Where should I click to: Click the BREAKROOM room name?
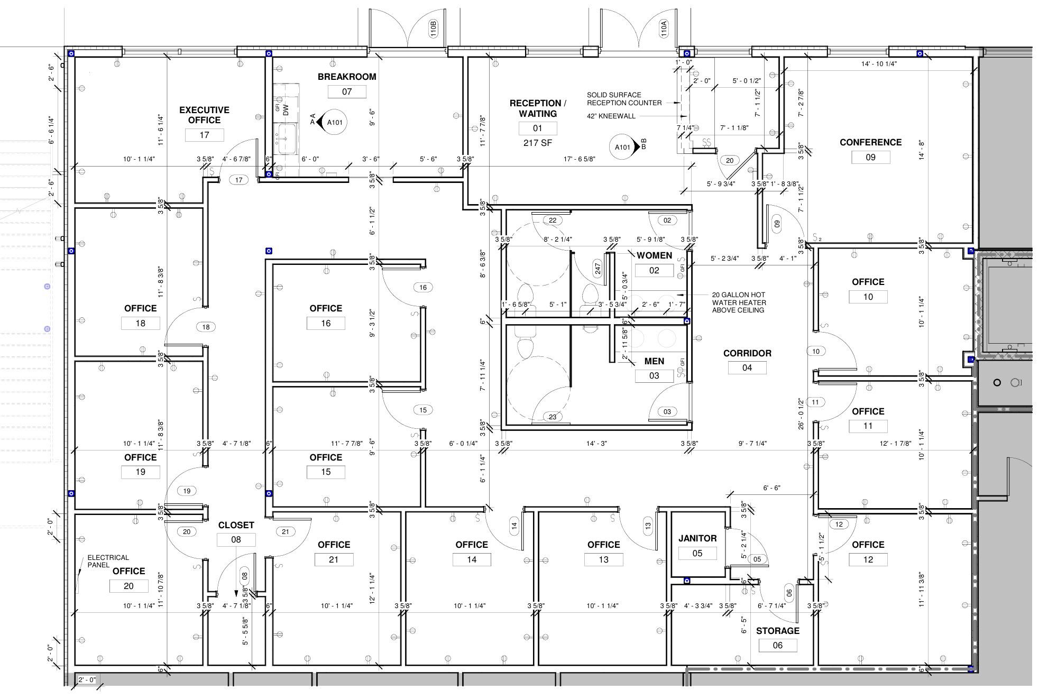(347, 77)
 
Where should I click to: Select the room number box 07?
(347, 91)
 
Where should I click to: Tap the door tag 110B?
(433, 28)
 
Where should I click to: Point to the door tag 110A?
(664, 28)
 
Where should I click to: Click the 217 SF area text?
(538, 143)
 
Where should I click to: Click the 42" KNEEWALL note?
(611, 116)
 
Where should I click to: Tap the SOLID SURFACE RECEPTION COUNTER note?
(624, 99)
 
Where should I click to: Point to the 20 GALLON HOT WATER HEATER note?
(739, 302)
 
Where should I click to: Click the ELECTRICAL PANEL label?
(108, 561)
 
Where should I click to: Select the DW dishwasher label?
(286, 110)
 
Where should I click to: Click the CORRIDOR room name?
(747, 353)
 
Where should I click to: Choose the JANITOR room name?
(697, 538)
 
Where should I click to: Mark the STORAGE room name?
(777, 631)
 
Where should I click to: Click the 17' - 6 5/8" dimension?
(580, 159)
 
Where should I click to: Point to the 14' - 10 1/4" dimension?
(879, 64)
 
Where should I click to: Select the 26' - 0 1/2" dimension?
(801, 413)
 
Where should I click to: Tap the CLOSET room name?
(236, 525)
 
